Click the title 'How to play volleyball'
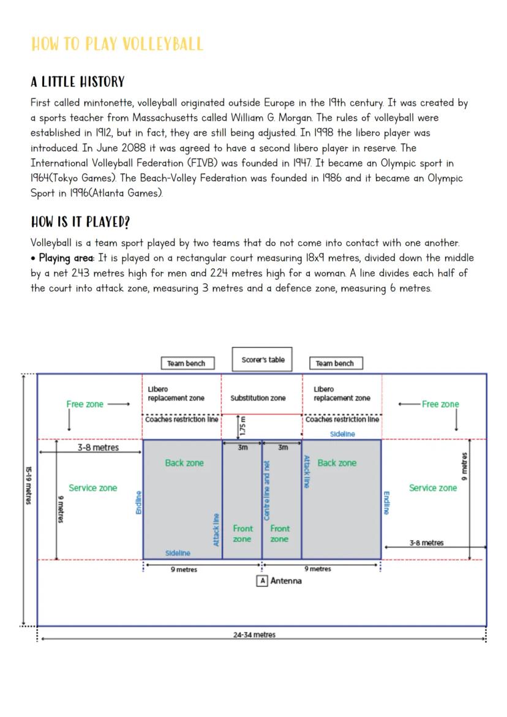pos(116,45)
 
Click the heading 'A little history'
pos(78,82)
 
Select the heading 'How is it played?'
pos(80,222)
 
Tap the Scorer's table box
pos(263,360)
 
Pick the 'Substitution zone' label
pos(258,398)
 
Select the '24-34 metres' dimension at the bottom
pos(254,635)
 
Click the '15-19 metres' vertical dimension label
pos(28,485)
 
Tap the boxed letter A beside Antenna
pos(262,580)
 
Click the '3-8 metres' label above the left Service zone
pos(98,448)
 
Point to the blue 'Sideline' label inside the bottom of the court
pos(178,553)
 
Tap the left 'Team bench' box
pos(186,363)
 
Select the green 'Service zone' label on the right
pos(432,488)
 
